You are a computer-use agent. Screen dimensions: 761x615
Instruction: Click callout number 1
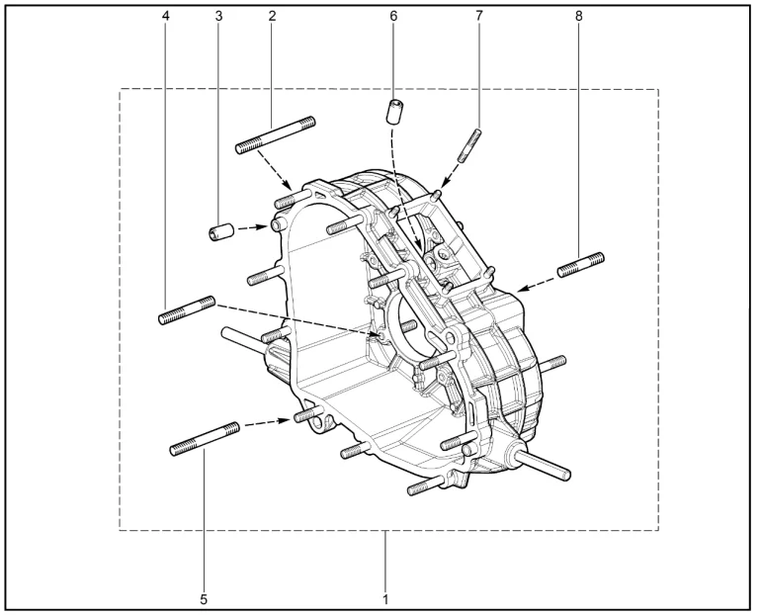(385, 599)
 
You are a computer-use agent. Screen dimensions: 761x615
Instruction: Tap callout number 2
(272, 16)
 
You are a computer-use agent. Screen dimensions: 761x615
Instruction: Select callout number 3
(218, 16)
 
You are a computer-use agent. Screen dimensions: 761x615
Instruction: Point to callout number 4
(166, 16)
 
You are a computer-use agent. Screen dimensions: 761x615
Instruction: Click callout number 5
(204, 599)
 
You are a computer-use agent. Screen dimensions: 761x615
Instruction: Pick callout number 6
(393, 16)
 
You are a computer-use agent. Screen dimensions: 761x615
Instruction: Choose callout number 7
(479, 16)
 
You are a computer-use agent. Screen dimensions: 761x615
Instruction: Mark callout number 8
(578, 16)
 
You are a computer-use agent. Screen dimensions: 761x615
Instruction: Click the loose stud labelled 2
(275, 135)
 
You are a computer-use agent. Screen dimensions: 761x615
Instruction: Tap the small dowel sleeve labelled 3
(222, 231)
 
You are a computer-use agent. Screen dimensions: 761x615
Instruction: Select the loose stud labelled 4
(187, 310)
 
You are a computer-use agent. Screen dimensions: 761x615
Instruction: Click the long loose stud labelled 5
(205, 439)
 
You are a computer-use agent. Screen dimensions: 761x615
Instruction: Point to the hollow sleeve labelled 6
(395, 112)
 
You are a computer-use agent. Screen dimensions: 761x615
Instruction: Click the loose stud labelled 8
(581, 265)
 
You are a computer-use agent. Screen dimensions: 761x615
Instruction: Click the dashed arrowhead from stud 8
(522, 290)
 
